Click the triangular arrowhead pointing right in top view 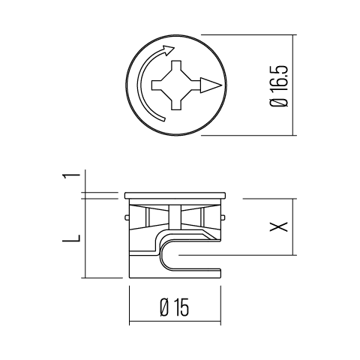pos(212,85)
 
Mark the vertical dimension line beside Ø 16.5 pos(293,85)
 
